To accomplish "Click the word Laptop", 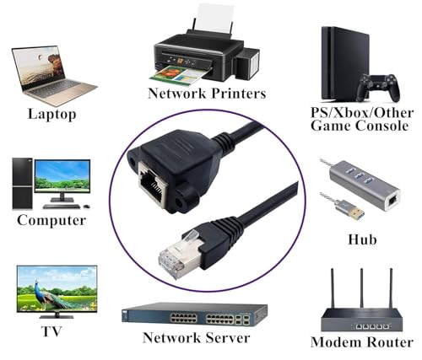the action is [x=52, y=114].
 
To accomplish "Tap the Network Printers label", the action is [x=207, y=93].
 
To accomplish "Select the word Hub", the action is [x=362, y=239].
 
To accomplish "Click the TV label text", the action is [x=51, y=331].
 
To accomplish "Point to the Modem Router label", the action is [x=362, y=342].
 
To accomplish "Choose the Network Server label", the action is [x=196, y=337].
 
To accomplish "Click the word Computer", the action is [x=51, y=220].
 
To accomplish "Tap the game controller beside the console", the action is [x=378, y=88].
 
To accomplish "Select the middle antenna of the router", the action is [x=361, y=288].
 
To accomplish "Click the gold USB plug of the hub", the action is [x=356, y=212].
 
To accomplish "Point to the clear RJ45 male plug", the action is [x=180, y=255].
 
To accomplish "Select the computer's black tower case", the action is [x=22, y=184].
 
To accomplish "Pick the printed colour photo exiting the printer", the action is [x=178, y=75].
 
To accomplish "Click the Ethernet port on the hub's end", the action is [x=392, y=200].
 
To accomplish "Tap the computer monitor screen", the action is [x=62, y=175].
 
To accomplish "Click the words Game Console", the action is [x=360, y=126].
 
